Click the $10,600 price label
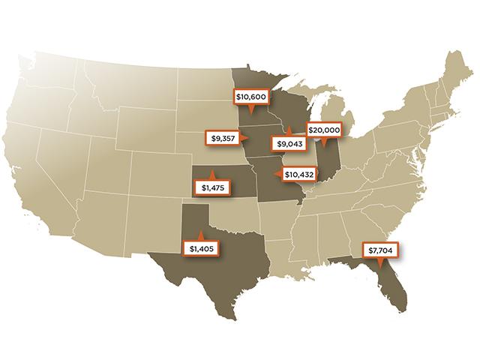coord(252,97)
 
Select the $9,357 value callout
coord(223,138)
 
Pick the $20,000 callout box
coord(324,130)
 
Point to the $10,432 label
coord(299,174)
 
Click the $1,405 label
coord(202,247)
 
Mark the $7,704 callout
coord(379,251)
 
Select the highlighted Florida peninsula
coord(396,289)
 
